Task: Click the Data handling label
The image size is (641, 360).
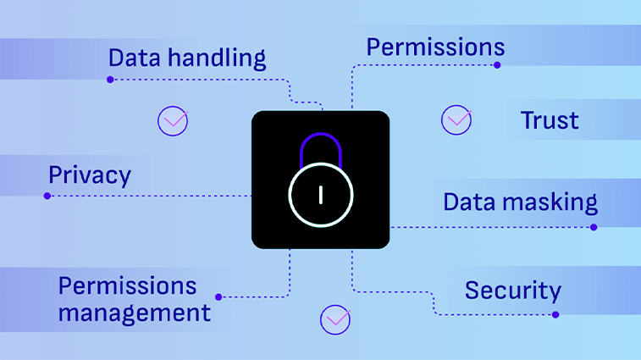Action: tap(186, 58)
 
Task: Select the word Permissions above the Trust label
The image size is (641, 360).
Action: tap(435, 47)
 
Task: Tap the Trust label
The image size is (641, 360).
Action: tap(550, 120)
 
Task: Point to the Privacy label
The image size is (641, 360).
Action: tap(90, 175)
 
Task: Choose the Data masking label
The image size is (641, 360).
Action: tap(520, 202)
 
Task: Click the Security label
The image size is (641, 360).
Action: tap(512, 291)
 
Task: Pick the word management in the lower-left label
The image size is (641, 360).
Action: tap(134, 313)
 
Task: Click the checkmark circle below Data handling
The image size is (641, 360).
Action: tap(173, 120)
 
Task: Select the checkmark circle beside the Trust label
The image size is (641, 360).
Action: tap(456, 119)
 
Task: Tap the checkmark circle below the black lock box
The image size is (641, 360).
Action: tap(335, 319)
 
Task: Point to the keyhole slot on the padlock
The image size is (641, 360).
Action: tap(320, 195)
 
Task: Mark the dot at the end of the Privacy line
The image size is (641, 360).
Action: tap(47, 196)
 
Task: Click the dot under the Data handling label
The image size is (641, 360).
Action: tap(110, 80)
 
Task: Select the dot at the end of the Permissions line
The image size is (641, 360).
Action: tap(497, 65)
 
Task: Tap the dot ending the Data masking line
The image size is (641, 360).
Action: tap(594, 227)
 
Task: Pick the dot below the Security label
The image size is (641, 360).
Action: tap(555, 314)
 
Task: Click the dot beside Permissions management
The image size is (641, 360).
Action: tap(218, 297)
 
